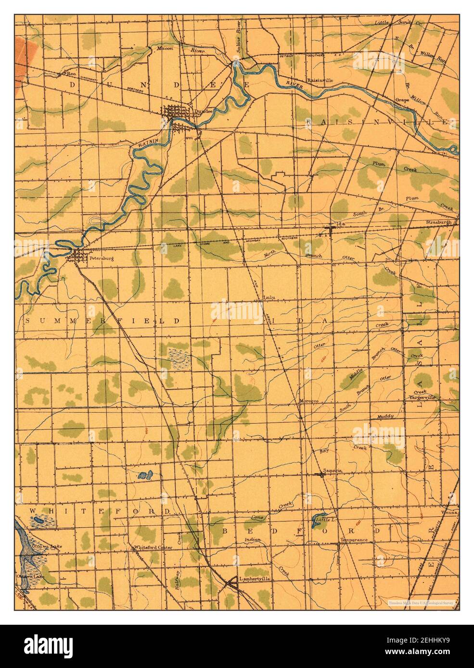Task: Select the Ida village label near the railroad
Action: click(x=343, y=224)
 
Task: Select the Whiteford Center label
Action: click(x=153, y=547)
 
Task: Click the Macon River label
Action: click(x=172, y=49)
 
